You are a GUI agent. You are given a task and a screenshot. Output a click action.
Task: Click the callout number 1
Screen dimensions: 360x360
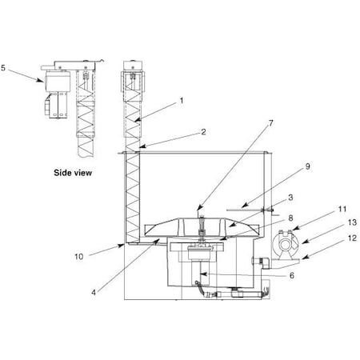point(182,102)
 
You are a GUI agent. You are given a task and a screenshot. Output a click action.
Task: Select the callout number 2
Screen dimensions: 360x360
point(181,131)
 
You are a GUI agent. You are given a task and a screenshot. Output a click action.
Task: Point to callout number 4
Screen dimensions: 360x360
point(94,293)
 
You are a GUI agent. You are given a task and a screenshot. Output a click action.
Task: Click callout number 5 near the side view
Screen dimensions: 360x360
point(6,69)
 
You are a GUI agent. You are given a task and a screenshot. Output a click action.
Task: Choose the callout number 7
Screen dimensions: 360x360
point(249,123)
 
